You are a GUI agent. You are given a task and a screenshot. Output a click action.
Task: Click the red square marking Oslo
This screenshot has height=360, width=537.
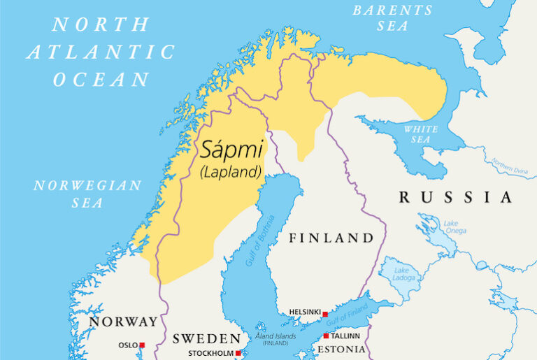pos(142,345)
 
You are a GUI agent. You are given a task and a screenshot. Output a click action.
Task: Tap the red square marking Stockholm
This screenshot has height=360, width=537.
pos(238,353)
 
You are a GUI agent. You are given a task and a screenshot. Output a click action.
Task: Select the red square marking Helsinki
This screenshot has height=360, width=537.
pos(324,315)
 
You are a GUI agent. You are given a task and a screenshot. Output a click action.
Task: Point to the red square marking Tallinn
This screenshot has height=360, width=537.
pos(326,336)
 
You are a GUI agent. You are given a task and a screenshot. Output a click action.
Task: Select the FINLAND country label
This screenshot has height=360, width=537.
pos(331,238)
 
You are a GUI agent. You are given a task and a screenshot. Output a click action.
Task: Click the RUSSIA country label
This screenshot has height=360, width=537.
pos(455,197)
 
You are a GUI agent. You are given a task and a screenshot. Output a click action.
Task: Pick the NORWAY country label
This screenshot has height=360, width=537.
pos(122,322)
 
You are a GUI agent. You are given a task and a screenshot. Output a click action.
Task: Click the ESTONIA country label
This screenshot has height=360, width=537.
pos(341,349)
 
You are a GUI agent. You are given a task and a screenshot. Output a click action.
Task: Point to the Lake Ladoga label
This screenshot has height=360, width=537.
pos(402,274)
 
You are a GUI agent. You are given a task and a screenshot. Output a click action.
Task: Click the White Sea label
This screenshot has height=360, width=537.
pos(421,134)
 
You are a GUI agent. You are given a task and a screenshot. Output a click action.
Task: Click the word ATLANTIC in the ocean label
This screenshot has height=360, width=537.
pos(101,52)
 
